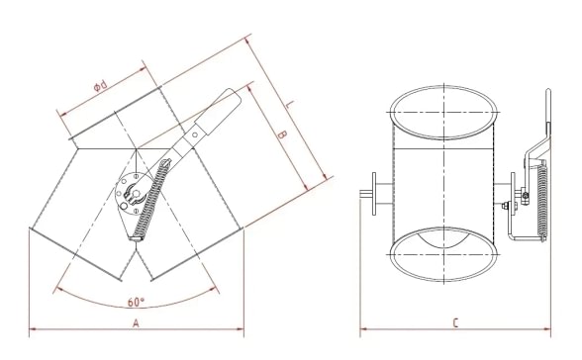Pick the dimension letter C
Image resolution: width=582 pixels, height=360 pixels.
point(454,321)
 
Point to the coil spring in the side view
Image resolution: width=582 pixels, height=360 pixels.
point(539,203)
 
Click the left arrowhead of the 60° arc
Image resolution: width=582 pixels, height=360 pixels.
point(59,289)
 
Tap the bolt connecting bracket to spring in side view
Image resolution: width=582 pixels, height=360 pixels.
point(510,206)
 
